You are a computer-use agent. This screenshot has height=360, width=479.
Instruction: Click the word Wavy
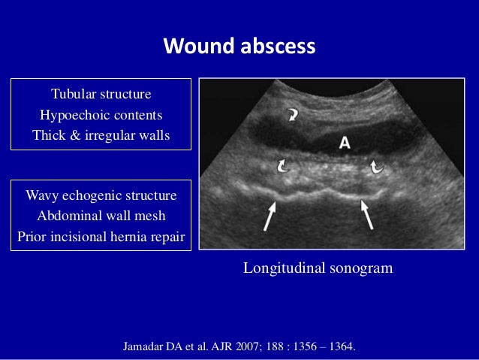[43, 196]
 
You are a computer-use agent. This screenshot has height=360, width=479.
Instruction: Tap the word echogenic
[92, 196]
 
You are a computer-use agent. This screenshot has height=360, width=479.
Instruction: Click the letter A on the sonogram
[345, 143]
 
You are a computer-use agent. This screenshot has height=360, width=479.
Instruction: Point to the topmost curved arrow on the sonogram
[290, 115]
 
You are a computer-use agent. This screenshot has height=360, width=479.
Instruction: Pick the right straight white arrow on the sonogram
[369, 213]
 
